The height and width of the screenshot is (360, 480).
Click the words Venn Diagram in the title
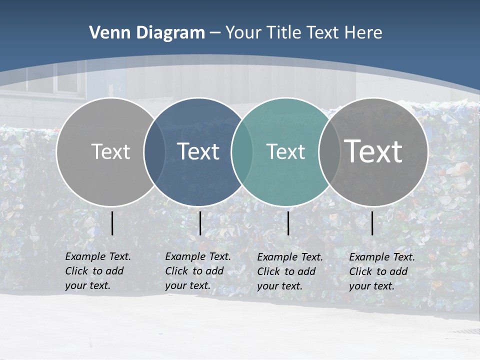tap(147, 33)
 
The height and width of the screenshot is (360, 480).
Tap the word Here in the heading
tap(363, 33)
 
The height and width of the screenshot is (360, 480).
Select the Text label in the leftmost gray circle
tap(110, 151)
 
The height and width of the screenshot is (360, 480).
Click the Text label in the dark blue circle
tap(198, 151)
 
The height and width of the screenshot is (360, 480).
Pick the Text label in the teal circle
tap(285, 151)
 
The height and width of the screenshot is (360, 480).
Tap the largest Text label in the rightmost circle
tap(373, 151)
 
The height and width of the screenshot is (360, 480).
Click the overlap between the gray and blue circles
tap(154, 151)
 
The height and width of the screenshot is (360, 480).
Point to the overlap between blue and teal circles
tap(242, 151)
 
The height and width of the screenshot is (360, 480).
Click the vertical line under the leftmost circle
tap(112, 223)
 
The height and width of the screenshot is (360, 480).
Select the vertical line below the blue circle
tap(200, 223)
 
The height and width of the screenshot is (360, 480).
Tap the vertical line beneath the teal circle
tap(288, 223)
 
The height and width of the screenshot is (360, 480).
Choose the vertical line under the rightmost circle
tap(372, 223)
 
